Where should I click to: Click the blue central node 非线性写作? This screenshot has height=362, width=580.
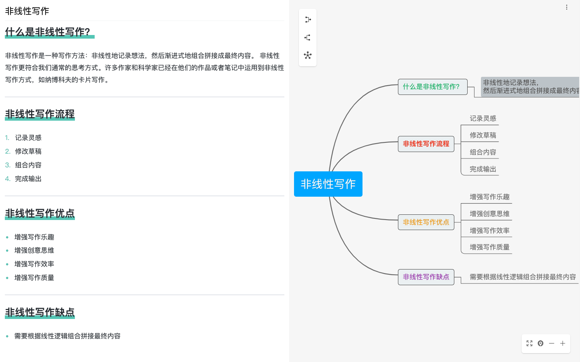click(328, 184)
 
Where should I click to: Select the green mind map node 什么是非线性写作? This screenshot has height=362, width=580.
click(433, 87)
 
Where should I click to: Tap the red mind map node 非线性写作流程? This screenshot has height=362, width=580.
click(426, 144)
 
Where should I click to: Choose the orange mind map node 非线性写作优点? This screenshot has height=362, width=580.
click(426, 222)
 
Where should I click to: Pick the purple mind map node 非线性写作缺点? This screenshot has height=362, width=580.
click(426, 277)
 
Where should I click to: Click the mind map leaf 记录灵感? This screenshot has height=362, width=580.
click(483, 118)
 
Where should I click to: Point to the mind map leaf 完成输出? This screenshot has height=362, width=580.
click(483, 169)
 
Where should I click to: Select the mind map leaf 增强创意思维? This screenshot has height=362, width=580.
click(490, 214)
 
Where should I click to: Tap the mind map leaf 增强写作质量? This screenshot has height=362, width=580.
click(490, 247)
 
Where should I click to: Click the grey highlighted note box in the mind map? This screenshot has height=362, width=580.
click(530, 86)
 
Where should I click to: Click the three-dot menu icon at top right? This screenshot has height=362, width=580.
click(567, 7)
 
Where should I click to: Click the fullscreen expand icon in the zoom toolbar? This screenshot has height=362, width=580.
click(530, 343)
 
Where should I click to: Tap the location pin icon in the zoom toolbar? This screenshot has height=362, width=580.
click(541, 343)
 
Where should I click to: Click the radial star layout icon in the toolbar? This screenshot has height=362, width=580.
click(308, 56)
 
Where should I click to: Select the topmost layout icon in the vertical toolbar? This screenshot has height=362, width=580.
click(308, 20)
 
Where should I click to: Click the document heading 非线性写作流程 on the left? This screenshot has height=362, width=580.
click(40, 114)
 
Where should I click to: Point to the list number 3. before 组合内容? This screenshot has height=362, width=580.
click(8, 165)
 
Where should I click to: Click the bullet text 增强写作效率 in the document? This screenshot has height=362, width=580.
click(34, 264)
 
